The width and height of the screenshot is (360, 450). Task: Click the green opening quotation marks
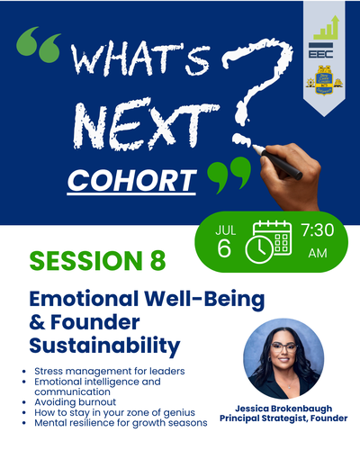[x=39, y=44]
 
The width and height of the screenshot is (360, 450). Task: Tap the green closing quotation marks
[x=229, y=175]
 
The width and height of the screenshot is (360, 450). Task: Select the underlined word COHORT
[x=131, y=181]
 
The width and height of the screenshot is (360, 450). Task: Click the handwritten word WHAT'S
[x=140, y=60]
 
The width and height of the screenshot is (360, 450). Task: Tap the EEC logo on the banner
[x=320, y=50]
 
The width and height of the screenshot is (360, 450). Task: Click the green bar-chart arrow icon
[x=326, y=28]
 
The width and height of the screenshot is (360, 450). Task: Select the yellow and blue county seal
[x=324, y=80]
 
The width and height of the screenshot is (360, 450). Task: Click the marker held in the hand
[x=278, y=162]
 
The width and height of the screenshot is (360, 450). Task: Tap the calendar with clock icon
[x=268, y=242]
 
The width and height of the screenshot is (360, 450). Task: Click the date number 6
[x=224, y=248]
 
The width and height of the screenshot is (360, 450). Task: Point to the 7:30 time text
[x=318, y=230]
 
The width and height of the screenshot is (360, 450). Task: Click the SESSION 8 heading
[x=97, y=260]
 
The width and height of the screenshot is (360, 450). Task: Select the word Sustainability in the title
[x=104, y=346]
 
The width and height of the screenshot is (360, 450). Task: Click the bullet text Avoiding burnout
[x=75, y=401]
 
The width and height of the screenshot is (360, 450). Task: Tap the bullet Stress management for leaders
[x=110, y=371]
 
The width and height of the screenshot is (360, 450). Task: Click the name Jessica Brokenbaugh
[x=283, y=409]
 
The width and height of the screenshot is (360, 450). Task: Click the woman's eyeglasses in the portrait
[x=283, y=347]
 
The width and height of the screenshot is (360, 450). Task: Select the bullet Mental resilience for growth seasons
[x=121, y=423]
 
